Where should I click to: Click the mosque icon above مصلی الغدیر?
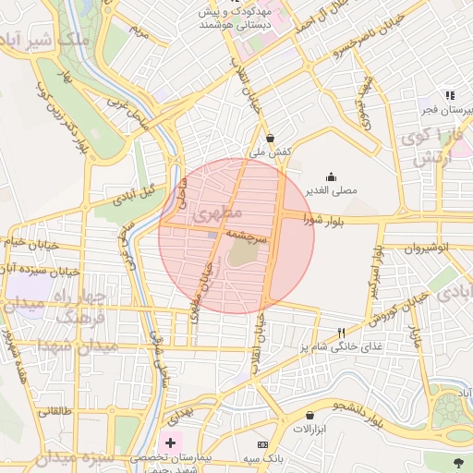point(332,176)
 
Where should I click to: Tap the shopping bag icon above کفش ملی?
point(270,138)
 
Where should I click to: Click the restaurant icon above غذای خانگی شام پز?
point(340,332)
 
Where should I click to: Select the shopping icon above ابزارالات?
point(309,415)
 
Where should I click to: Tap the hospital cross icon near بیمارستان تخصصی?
point(170,443)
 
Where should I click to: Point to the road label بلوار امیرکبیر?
point(376,271)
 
